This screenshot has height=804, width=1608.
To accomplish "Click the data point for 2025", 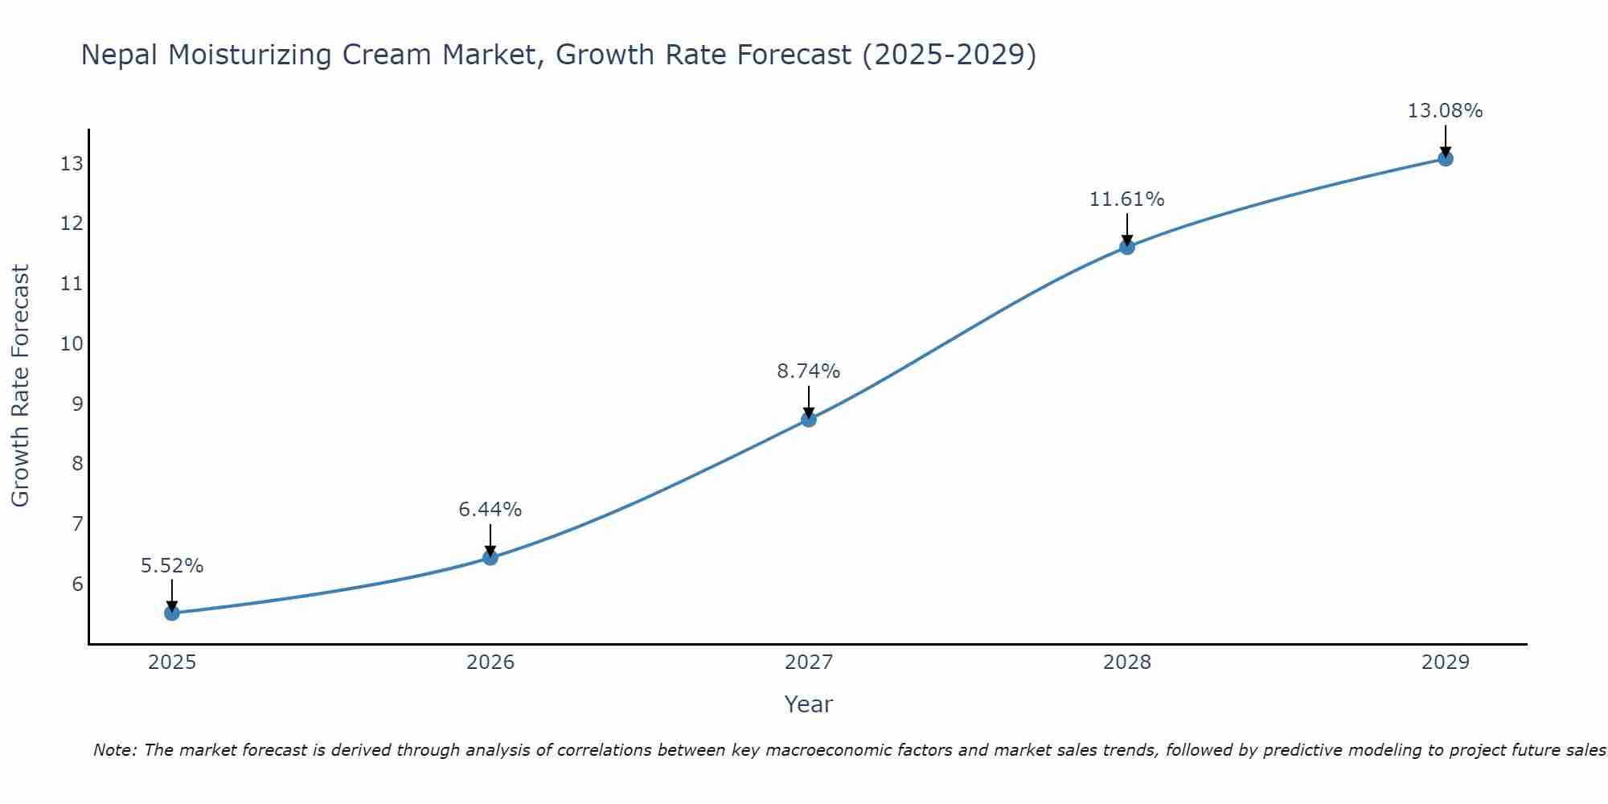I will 172,613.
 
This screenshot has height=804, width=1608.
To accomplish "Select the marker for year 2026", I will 490,558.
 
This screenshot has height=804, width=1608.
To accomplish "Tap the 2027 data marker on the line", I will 809,420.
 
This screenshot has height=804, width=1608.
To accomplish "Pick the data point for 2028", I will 1127,247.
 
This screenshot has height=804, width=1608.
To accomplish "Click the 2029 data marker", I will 1446,159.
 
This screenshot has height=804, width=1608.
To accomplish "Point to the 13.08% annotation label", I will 1445,111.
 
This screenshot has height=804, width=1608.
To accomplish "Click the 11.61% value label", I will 1126,199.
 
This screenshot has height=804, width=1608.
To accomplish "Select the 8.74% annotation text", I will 808,371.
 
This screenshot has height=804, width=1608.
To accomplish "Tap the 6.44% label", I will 490,510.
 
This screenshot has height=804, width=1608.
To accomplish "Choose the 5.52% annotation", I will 172,566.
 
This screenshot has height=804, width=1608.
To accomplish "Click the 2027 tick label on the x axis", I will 809,662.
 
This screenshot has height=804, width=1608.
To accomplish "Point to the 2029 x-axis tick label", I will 1446,662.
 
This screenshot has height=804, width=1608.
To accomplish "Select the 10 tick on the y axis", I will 72,344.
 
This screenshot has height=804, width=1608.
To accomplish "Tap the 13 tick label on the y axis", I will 72,164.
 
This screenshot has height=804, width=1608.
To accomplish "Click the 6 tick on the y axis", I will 77,584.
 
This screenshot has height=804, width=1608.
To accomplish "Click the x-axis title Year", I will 808,704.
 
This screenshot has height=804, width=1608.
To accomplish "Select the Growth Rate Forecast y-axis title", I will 21,386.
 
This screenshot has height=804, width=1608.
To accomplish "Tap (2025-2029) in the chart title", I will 949,55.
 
